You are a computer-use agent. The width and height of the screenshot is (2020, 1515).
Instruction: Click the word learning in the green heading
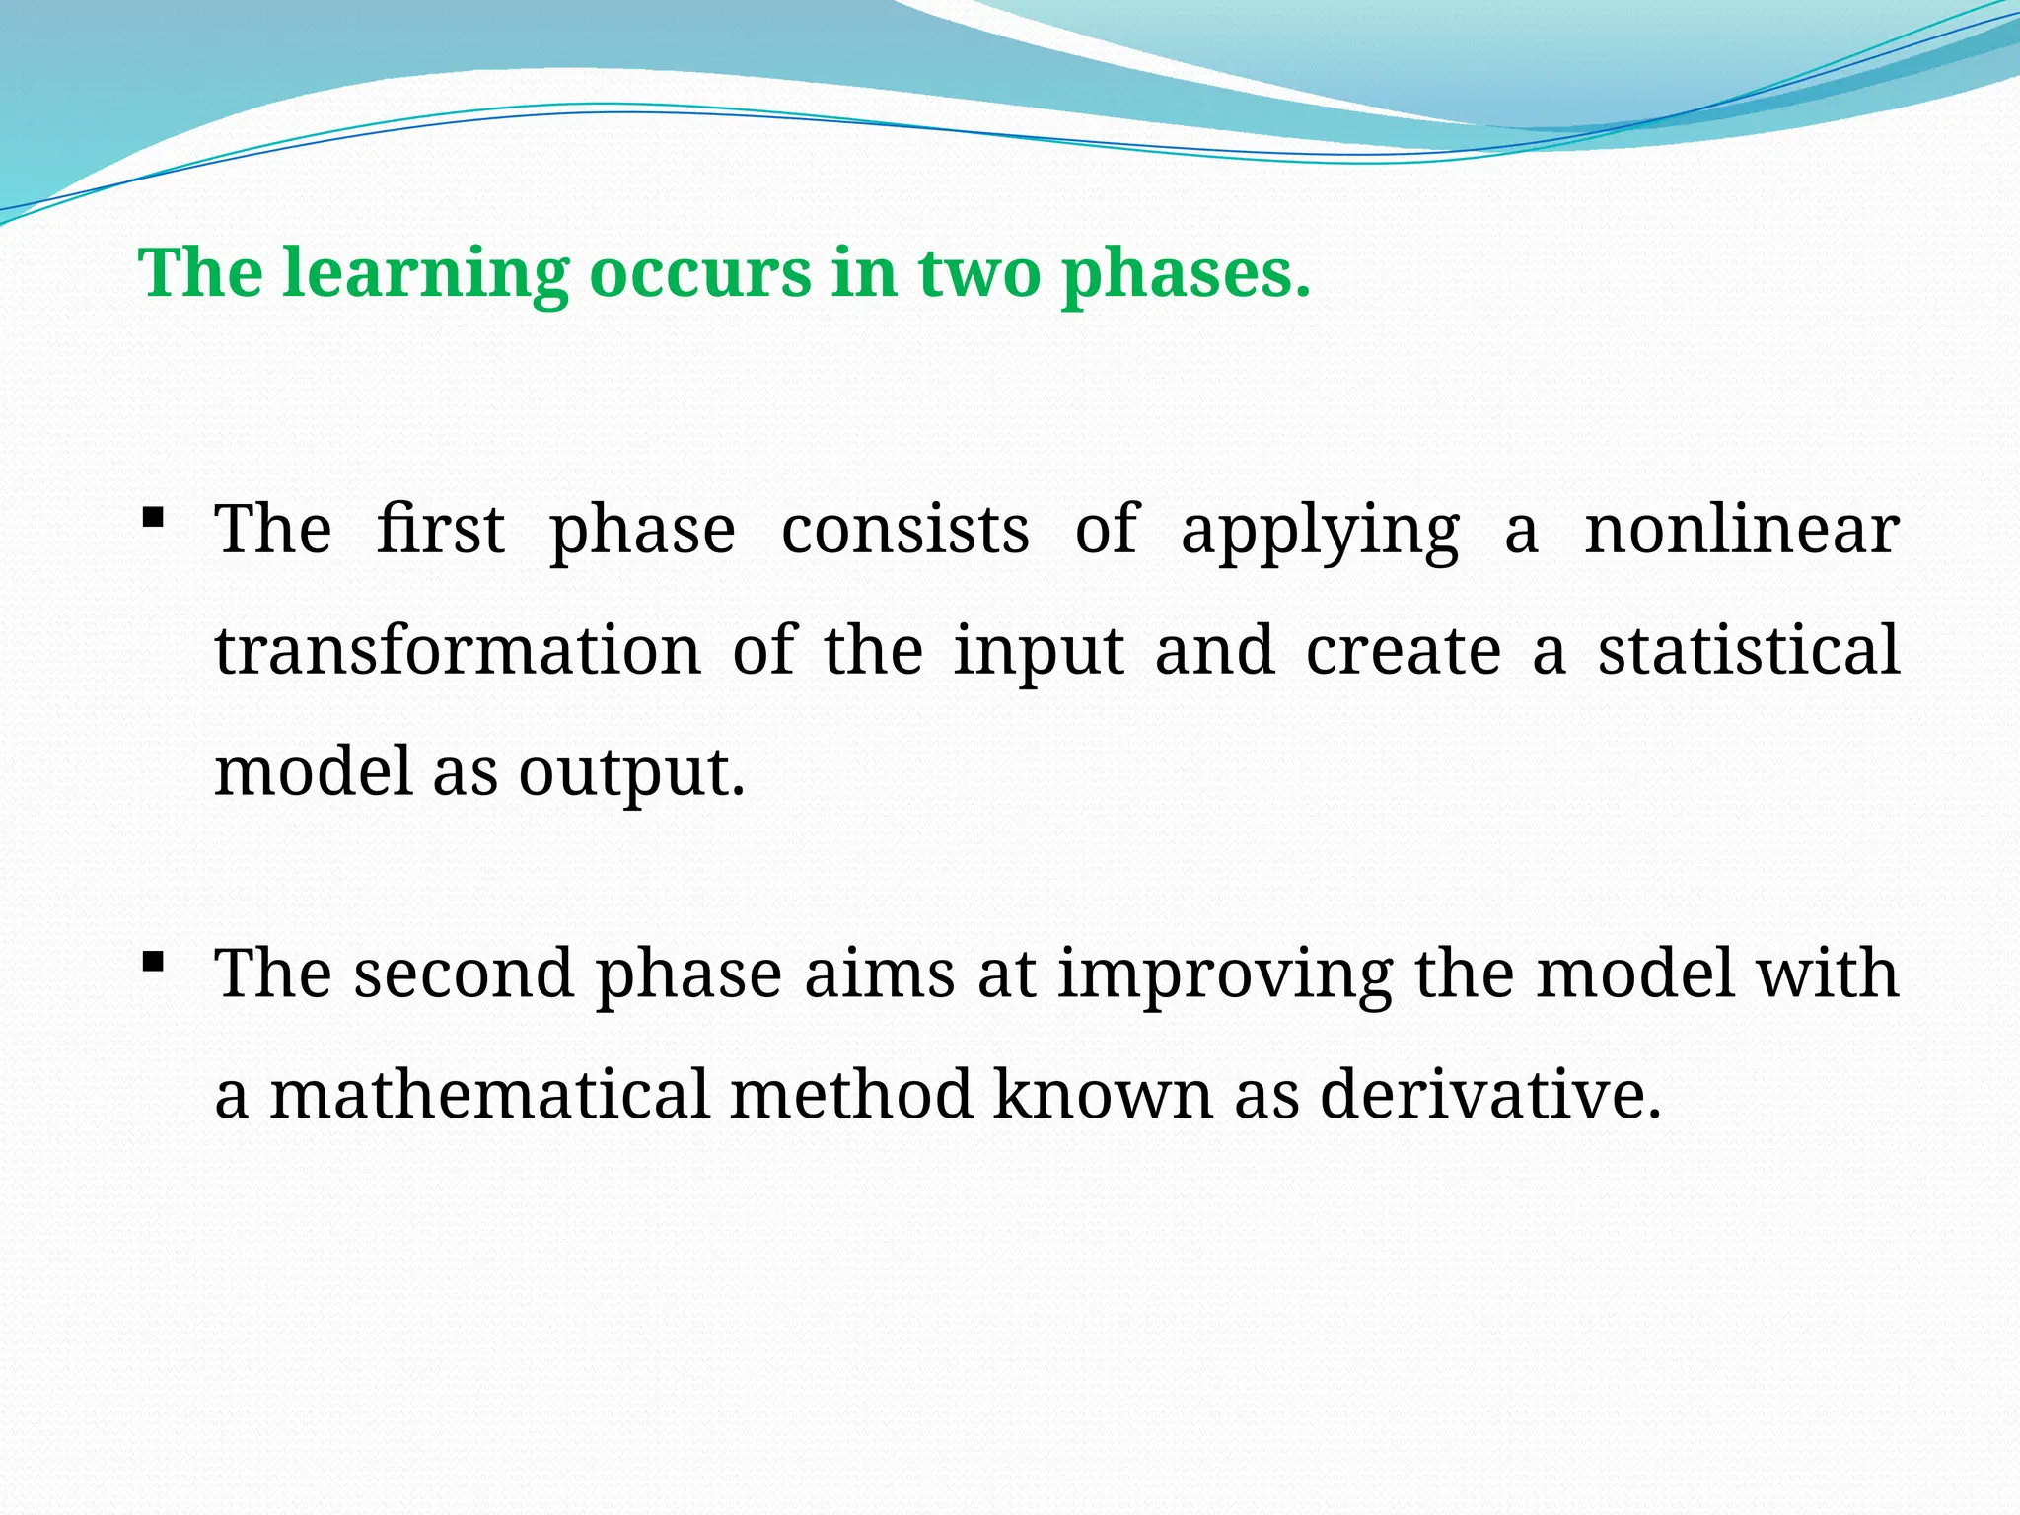tap(425, 274)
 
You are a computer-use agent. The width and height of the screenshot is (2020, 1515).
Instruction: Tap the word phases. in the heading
tap(1186, 274)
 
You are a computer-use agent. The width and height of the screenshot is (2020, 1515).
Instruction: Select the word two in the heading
tap(978, 274)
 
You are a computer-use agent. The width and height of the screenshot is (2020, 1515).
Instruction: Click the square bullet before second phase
tap(152, 960)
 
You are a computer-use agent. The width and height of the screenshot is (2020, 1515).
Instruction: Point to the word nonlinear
tap(1741, 530)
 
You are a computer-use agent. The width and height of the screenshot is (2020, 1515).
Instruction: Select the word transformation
tap(458, 651)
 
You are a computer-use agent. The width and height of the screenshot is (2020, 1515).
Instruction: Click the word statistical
tap(1749, 651)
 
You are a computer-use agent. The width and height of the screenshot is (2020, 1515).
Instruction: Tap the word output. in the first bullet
tap(631, 772)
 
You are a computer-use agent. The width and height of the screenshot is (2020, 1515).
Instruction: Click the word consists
tap(904, 530)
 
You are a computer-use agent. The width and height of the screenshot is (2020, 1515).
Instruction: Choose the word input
tap(1039, 653)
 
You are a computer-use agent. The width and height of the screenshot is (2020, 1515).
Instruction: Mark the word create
tap(1403, 651)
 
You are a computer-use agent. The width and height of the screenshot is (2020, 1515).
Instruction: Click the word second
tap(464, 974)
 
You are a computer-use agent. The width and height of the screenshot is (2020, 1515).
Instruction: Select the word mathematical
tap(489, 1095)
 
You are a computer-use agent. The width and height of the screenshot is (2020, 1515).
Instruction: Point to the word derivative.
tap(1489, 1095)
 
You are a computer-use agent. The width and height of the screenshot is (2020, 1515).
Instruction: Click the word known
tap(1102, 1095)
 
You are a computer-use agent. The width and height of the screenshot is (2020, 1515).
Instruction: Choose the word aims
tap(879, 974)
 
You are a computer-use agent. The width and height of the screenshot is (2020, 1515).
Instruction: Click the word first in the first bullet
tap(440, 530)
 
